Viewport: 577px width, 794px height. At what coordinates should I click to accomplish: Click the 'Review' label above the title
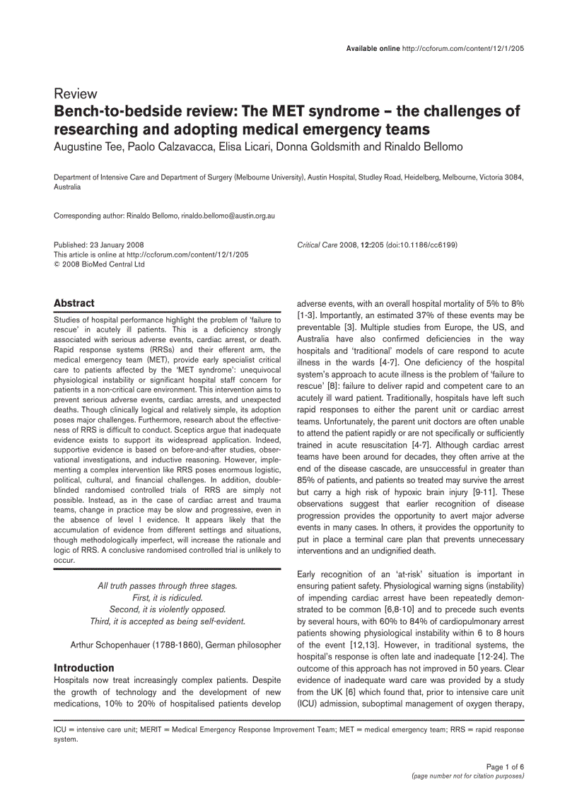pyautogui.click(x=76, y=94)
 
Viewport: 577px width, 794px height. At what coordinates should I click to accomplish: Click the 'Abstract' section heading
pyautogui.click(x=74, y=303)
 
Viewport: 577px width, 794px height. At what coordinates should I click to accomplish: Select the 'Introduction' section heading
pyautogui.click(x=84, y=667)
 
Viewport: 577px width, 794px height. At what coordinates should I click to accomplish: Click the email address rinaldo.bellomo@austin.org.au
pyautogui.click(x=228, y=215)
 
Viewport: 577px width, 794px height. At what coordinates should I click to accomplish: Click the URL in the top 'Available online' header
pyautogui.click(x=462, y=48)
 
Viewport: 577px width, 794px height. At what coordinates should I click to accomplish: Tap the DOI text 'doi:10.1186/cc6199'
pyautogui.click(x=421, y=245)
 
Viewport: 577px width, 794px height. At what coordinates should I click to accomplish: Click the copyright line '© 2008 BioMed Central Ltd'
pyautogui.click(x=99, y=264)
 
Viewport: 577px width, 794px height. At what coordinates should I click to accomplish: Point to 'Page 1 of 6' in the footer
pyautogui.click(x=505, y=767)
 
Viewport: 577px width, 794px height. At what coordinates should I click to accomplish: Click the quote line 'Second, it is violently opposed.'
pyautogui.click(x=168, y=609)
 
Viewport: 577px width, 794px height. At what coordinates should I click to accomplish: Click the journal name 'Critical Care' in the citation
pyautogui.click(x=317, y=245)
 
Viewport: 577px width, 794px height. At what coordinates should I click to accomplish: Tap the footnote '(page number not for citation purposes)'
pyautogui.click(x=467, y=776)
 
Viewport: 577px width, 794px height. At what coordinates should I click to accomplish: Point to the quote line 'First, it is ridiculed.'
pyautogui.click(x=168, y=597)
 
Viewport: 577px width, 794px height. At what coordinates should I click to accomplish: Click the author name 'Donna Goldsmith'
pyautogui.click(x=320, y=147)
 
